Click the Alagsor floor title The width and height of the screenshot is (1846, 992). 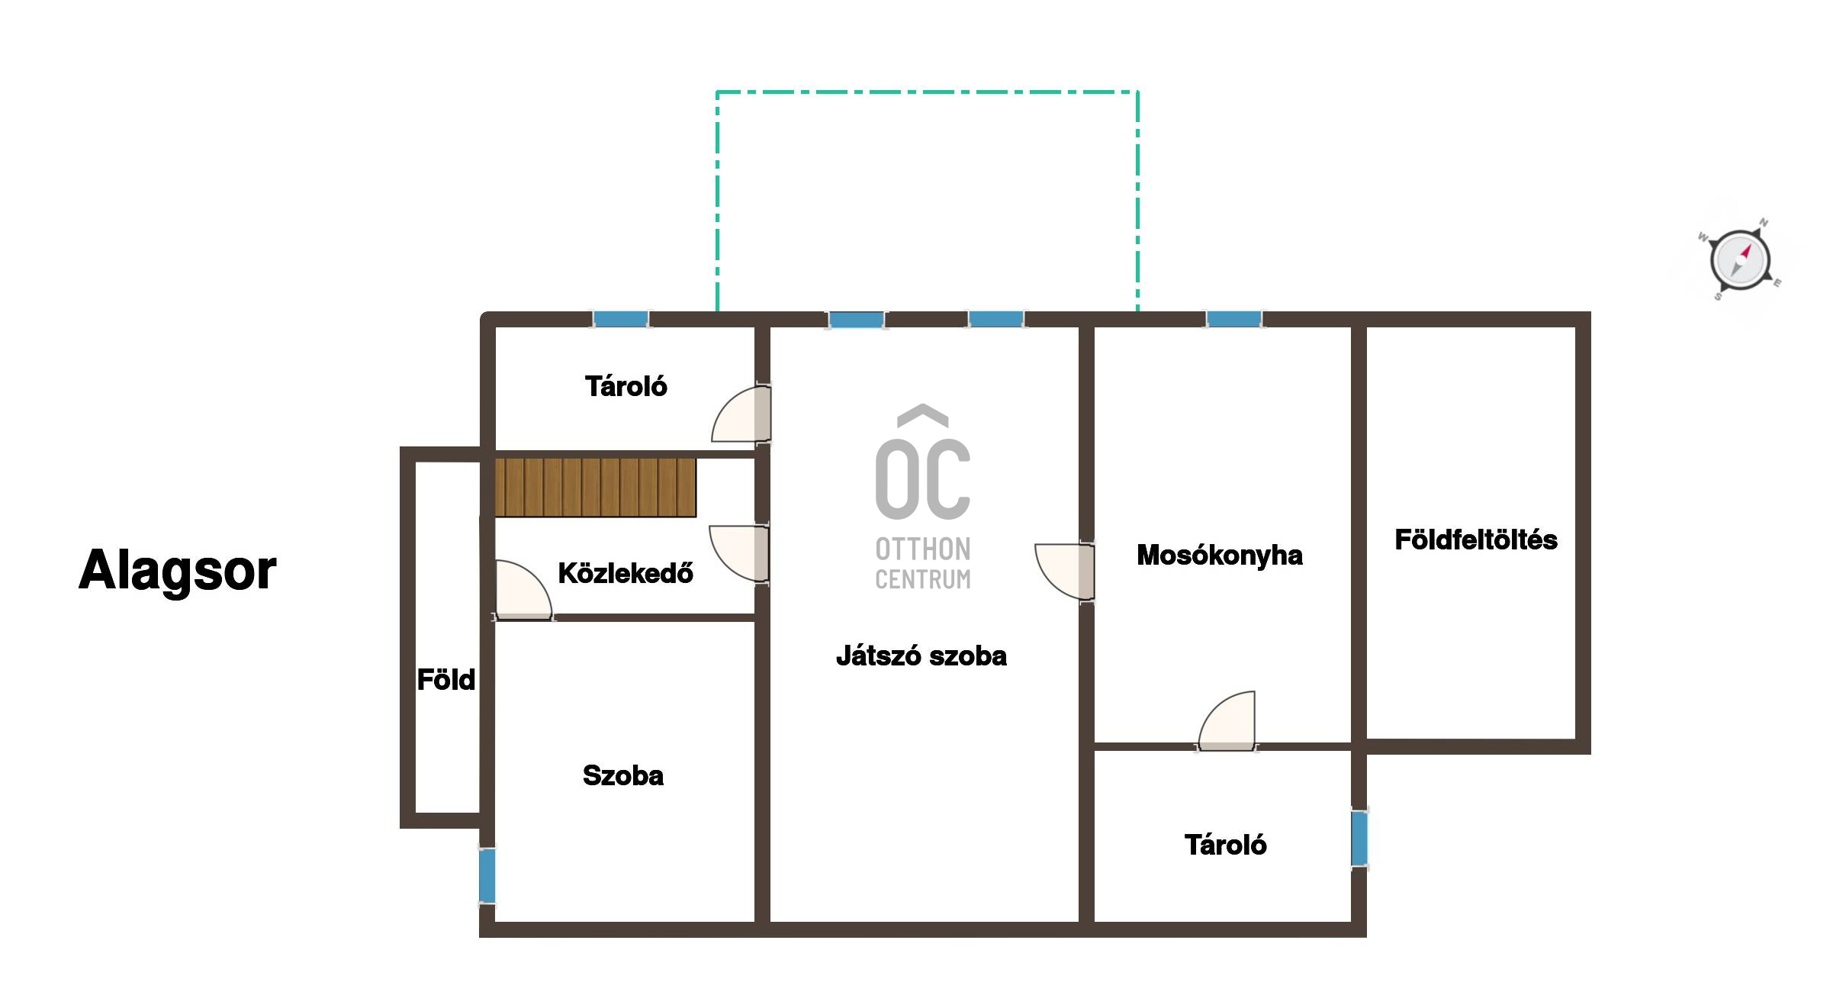177,570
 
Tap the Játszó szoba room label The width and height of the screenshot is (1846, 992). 921,655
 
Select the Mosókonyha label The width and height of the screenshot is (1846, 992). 1220,556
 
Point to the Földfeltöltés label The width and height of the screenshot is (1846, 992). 1476,539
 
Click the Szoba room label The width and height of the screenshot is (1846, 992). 623,775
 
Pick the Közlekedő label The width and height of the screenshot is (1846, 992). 626,572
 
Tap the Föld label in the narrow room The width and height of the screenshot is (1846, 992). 446,679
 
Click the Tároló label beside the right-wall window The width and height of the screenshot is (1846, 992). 1226,845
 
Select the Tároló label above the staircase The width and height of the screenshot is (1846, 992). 626,386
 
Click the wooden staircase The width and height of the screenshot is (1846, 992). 596,488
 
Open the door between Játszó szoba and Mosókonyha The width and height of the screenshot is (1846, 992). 1065,572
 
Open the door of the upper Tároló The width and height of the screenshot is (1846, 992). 741,413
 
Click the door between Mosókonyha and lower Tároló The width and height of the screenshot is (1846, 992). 1227,720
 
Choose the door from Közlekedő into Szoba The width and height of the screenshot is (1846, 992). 524,590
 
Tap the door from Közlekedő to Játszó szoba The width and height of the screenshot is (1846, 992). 739,554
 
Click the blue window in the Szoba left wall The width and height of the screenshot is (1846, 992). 487,876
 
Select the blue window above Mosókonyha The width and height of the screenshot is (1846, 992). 1234,319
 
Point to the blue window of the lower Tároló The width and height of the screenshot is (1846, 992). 1359,839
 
